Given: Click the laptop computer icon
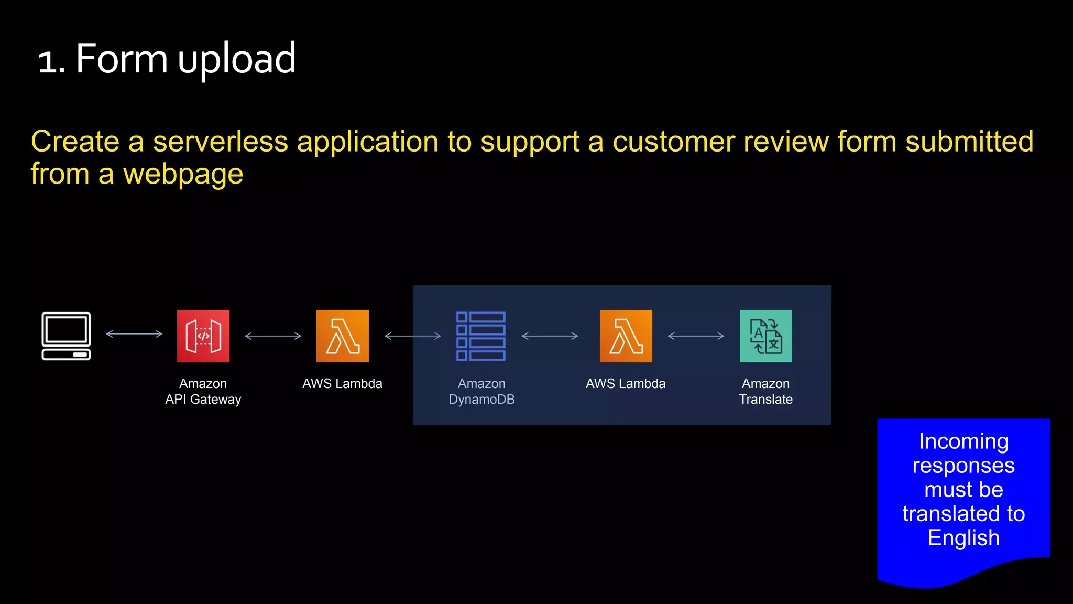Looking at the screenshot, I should point(66,336).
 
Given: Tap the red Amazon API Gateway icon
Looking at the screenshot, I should point(203,336).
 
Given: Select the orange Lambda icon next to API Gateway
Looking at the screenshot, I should point(343,336).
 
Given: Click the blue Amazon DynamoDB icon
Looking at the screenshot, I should point(481,336).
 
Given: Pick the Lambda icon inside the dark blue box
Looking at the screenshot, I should point(626,336).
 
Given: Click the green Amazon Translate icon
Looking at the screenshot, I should point(766,336).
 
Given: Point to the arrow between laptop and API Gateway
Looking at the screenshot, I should point(134,333).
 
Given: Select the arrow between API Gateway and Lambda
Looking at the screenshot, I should point(273,336).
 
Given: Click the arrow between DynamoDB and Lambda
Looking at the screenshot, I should point(550,336).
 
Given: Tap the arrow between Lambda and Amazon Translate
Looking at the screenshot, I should point(696,336).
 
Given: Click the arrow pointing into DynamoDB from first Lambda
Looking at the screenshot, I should point(413,336).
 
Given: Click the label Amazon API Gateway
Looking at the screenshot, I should point(203,392).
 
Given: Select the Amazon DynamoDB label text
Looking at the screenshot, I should point(481,392).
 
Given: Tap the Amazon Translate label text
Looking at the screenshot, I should point(765,392).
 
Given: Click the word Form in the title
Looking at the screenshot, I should point(122,59).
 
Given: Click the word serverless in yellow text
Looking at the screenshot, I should point(221,142).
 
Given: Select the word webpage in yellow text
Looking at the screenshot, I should point(183,175).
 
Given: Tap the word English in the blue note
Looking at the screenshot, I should point(963,538).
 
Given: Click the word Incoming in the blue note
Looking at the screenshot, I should point(963,441).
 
